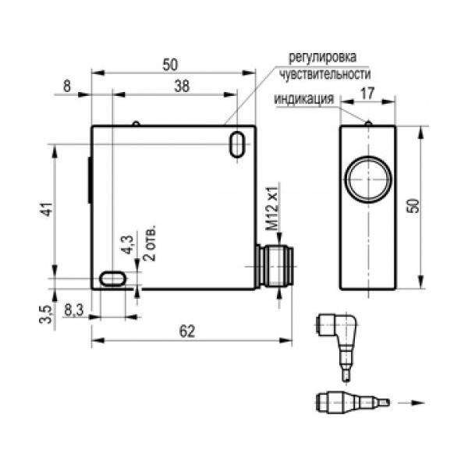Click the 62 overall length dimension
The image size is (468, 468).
187,331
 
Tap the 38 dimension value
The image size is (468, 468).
182,86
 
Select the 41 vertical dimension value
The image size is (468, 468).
48,209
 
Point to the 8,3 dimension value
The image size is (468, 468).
74,310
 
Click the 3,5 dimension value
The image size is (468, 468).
46,314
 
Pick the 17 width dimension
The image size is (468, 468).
367,94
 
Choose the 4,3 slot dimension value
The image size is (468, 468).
128,244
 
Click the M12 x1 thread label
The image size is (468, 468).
272,207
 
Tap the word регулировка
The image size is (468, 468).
322,57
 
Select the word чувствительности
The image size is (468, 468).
325,74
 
